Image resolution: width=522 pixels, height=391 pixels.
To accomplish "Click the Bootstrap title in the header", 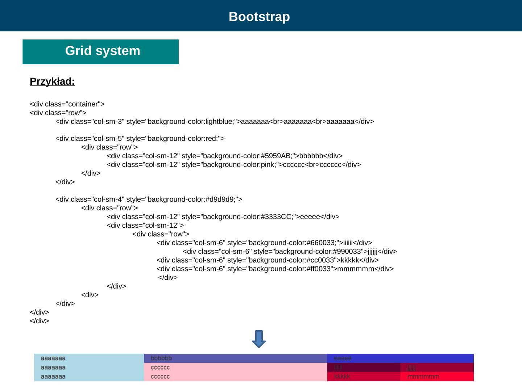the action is pos(259,17).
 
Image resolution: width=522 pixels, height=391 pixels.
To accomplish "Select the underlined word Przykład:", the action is pos(52,81).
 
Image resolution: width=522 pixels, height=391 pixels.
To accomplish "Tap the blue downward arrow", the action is pos(259,339).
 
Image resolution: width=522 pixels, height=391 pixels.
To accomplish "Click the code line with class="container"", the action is pos(67,104).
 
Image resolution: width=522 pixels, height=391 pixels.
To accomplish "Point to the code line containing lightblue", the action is pos(215,121).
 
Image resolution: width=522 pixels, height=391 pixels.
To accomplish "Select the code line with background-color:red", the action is pos(140,139).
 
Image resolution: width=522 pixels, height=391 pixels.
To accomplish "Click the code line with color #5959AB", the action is pos(225,156).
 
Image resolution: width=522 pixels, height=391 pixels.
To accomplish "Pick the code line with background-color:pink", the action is pos(234,165).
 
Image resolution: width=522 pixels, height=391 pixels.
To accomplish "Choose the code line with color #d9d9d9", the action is pos(149,199).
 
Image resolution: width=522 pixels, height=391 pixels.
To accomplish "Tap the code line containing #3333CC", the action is pos(223,217).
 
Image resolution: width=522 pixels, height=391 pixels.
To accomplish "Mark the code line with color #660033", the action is pos(264,243).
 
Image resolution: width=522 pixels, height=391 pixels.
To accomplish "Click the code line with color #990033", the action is pos(290,251).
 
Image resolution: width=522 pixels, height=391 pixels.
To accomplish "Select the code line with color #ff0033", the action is pos(275,269).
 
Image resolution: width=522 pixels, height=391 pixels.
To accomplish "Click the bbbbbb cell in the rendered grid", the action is pos(235,358).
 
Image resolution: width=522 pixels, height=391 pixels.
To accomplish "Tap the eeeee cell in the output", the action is pos(400,358).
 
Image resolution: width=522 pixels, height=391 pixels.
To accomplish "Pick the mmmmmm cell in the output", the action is pos(437,377).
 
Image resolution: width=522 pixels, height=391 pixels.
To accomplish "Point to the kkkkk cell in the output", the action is pos(364,377).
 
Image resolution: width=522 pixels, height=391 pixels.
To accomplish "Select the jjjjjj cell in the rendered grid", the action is pos(437,367).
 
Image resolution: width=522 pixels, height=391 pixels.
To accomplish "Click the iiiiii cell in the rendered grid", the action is pos(364,367).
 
